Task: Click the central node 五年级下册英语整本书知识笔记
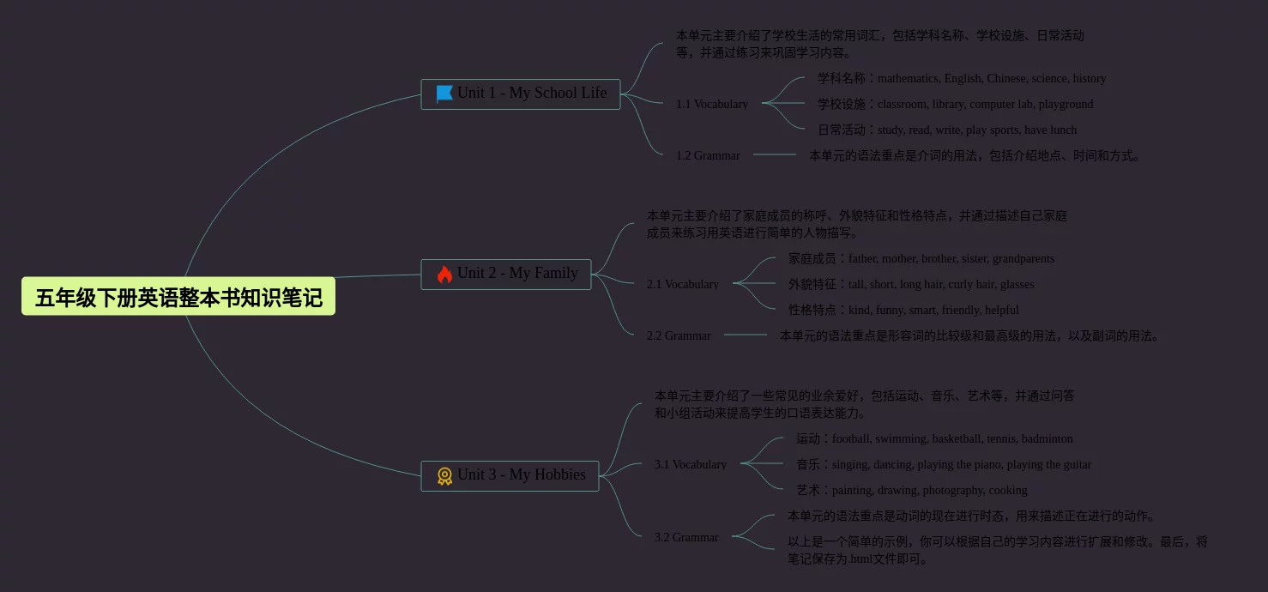[178, 297]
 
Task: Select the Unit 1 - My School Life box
[520, 94]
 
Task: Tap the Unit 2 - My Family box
[505, 274]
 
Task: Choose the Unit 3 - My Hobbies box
[510, 475]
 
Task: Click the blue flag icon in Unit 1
[444, 94]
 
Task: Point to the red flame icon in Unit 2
[444, 275]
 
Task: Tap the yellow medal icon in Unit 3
[444, 476]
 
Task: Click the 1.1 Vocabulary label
[711, 104]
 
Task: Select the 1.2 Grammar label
[707, 155]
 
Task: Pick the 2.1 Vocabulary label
[682, 284]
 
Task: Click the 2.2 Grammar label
[678, 335]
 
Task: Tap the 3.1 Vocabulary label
[690, 464]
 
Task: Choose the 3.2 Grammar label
[685, 537]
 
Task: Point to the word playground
[1066, 104]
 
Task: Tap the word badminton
[1047, 438]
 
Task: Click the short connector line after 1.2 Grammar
[775, 154]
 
